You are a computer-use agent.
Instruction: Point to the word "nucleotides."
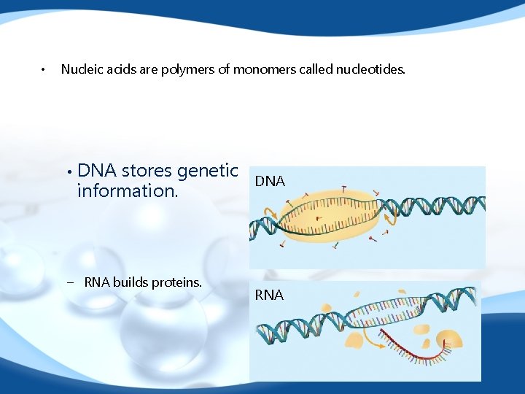(370, 69)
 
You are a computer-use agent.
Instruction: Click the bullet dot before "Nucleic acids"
(43, 70)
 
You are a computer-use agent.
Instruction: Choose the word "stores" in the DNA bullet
(147, 171)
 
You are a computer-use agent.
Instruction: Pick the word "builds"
(131, 282)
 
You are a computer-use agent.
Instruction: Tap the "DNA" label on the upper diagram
(270, 182)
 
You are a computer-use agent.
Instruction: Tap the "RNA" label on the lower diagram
(269, 295)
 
